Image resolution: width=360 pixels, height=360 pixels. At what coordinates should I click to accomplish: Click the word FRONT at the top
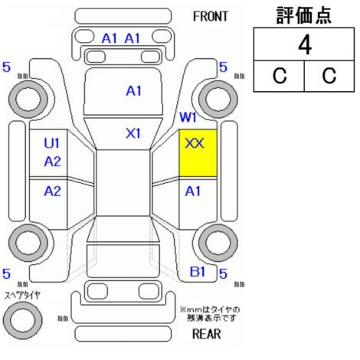[x=210, y=17]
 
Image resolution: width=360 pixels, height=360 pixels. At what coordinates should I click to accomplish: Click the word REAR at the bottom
[x=207, y=334]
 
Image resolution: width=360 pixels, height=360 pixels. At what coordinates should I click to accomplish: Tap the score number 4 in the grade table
[x=305, y=45]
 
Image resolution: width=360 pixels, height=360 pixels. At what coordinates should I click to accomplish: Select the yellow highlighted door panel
[x=198, y=153]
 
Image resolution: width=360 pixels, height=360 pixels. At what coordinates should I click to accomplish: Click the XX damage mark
[x=195, y=143]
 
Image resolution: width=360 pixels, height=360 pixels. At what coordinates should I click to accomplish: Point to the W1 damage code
[x=188, y=117]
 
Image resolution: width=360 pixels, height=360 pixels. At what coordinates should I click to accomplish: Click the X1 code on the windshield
[x=133, y=133]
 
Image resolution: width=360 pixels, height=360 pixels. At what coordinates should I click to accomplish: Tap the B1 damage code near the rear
[x=198, y=272]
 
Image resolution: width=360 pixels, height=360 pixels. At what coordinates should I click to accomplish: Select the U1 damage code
[x=51, y=143]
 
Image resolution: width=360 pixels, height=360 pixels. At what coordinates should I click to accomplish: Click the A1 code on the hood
[x=133, y=91]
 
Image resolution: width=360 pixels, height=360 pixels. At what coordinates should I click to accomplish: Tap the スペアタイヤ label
[x=22, y=296]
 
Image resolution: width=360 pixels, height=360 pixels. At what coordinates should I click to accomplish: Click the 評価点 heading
[x=304, y=15]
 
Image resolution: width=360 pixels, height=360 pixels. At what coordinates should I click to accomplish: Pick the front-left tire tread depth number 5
[x=6, y=67]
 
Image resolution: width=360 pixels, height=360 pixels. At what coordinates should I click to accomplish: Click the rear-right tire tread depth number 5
[x=223, y=273]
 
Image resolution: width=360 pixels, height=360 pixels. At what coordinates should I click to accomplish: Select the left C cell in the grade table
[x=280, y=76]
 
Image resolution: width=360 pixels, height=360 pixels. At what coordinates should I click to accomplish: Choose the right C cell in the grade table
[x=329, y=76]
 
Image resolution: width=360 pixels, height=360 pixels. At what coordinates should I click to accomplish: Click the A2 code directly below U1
[x=52, y=162]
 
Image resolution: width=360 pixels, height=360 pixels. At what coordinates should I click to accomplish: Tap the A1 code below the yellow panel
[x=193, y=191]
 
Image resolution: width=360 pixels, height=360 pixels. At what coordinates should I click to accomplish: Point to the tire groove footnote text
[x=210, y=314]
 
